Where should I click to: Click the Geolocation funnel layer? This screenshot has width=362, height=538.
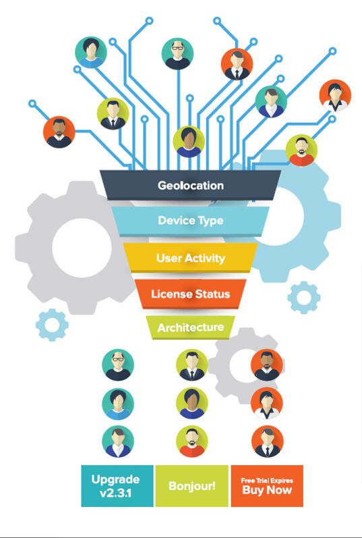click(x=190, y=185)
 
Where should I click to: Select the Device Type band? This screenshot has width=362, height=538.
click(x=190, y=220)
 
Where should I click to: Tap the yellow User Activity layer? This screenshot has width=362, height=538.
click(x=190, y=258)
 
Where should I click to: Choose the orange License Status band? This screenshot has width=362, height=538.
click(x=190, y=294)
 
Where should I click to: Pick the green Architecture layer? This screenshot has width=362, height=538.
click(x=190, y=327)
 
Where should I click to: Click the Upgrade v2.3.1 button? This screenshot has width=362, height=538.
click(x=116, y=485)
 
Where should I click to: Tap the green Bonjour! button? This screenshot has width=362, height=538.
click(x=191, y=485)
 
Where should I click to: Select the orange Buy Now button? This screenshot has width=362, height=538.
click(x=267, y=491)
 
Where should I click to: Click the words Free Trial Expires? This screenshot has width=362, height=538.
click(x=267, y=480)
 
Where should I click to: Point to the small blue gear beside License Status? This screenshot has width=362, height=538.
click(x=304, y=297)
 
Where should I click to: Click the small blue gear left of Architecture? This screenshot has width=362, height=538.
click(x=52, y=325)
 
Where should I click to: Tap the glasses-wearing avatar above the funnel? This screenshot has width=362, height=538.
click(x=178, y=53)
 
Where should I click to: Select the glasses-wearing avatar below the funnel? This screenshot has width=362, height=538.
click(x=118, y=365)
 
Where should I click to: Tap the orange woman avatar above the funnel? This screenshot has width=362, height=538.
click(x=335, y=96)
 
